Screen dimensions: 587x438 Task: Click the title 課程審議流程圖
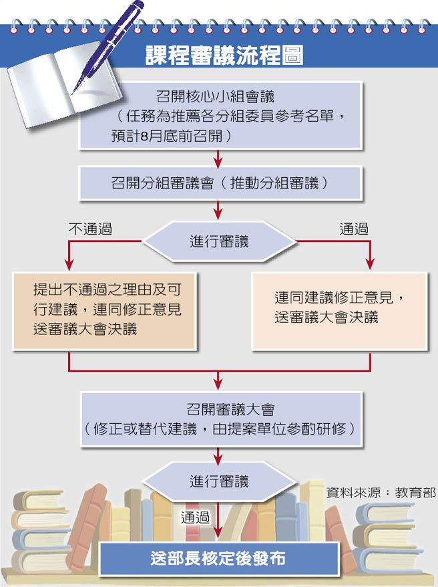[224, 55]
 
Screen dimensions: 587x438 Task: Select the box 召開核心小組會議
[220, 116]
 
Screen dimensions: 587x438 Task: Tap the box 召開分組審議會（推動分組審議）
[220, 183]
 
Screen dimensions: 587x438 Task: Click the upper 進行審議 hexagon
[219, 241]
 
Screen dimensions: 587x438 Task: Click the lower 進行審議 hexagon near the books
[219, 481]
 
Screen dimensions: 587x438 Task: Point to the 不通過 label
[89, 229]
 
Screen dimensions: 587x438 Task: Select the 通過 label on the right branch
[354, 229]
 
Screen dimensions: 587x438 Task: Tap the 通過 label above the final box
[195, 517]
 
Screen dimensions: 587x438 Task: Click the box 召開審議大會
[220, 419]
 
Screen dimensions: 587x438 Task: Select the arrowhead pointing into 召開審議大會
[218, 384]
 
